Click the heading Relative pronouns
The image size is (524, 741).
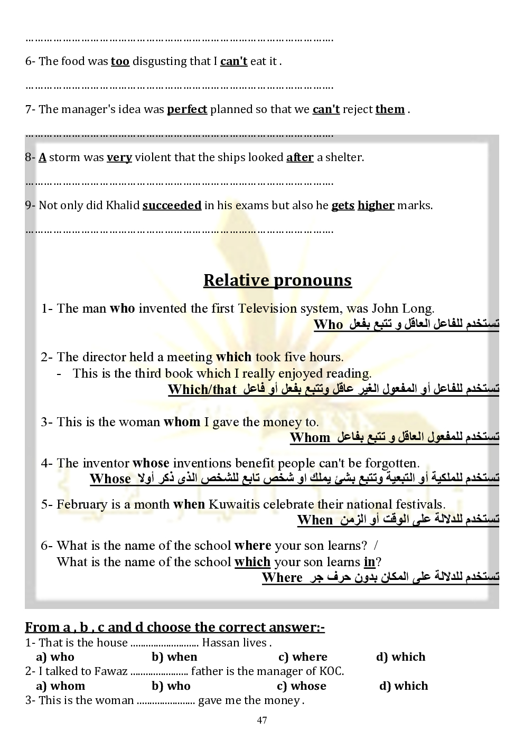(277, 280)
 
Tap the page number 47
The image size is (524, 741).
(262, 720)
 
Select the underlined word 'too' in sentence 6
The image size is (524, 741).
(120, 61)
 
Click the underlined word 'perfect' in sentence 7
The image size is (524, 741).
(187, 109)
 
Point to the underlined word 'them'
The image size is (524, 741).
(390, 109)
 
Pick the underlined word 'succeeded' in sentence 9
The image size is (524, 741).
(172, 205)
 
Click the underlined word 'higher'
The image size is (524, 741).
(376, 205)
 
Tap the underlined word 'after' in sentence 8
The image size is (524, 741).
(300, 157)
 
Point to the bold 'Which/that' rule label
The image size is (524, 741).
(202, 390)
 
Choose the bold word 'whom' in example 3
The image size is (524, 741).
(182, 422)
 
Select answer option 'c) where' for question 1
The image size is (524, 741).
(303, 657)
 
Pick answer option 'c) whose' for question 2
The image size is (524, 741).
(302, 686)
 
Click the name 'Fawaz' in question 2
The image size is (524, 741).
(111, 671)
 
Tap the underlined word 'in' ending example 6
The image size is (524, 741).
(369, 562)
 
